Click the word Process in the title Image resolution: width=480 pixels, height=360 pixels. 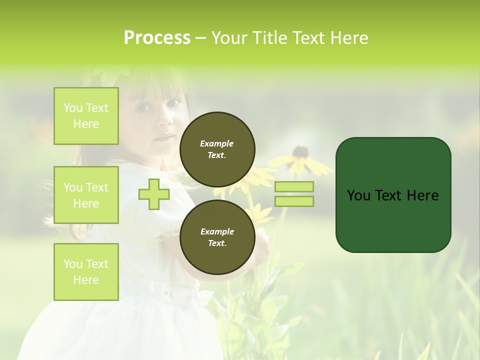click(157, 38)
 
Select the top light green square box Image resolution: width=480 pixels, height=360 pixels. click(86, 116)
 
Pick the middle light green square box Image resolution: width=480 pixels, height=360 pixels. click(86, 195)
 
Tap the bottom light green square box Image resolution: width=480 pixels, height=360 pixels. click(86, 272)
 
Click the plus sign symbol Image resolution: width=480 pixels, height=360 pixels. click(154, 194)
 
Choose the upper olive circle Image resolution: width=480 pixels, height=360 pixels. click(217, 149)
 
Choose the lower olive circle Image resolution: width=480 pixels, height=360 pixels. click(217, 237)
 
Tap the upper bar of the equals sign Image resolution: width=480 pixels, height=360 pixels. click(294, 186)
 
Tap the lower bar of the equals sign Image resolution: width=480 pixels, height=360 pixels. click(294, 201)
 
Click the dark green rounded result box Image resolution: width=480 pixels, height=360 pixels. click(393, 194)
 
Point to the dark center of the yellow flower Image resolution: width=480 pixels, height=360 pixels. click(300, 151)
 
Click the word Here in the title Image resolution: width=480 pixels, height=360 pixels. click(349, 38)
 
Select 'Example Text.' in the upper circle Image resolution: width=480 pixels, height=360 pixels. click(217, 149)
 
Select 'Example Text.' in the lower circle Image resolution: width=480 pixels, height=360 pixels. click(217, 237)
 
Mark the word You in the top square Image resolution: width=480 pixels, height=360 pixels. click(73, 108)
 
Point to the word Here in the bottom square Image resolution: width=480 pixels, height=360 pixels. click(86, 280)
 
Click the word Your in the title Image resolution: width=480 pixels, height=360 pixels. click(228, 38)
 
